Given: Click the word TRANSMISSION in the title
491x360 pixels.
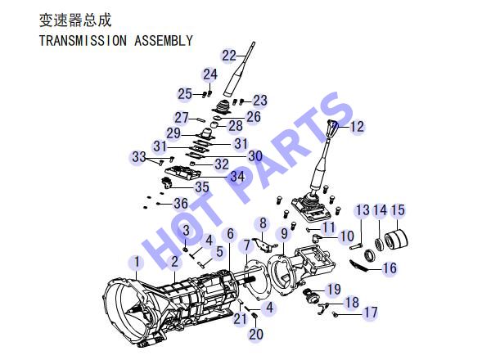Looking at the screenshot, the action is (83, 41).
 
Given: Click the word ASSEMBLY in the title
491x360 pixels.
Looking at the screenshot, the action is (163, 41).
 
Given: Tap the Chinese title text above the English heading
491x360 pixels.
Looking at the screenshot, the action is (75, 20).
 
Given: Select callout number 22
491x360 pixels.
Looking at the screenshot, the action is (229, 56).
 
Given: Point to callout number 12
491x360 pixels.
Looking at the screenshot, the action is (357, 127).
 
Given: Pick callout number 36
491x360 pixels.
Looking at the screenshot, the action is (181, 204).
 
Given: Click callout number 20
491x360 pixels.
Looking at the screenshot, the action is (256, 334).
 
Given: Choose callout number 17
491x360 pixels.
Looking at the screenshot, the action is (370, 313).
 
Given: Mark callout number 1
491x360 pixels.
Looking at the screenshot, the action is (137, 262).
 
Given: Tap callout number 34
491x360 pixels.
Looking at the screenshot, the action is (237, 177).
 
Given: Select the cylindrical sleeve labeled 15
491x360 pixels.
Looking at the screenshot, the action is (396, 240).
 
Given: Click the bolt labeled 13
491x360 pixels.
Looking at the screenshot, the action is (356, 246).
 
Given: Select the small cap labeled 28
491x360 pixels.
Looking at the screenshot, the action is (214, 125).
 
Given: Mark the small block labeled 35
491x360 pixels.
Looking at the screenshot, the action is (166, 182).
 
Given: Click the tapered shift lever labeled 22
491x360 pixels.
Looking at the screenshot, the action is (240, 70).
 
